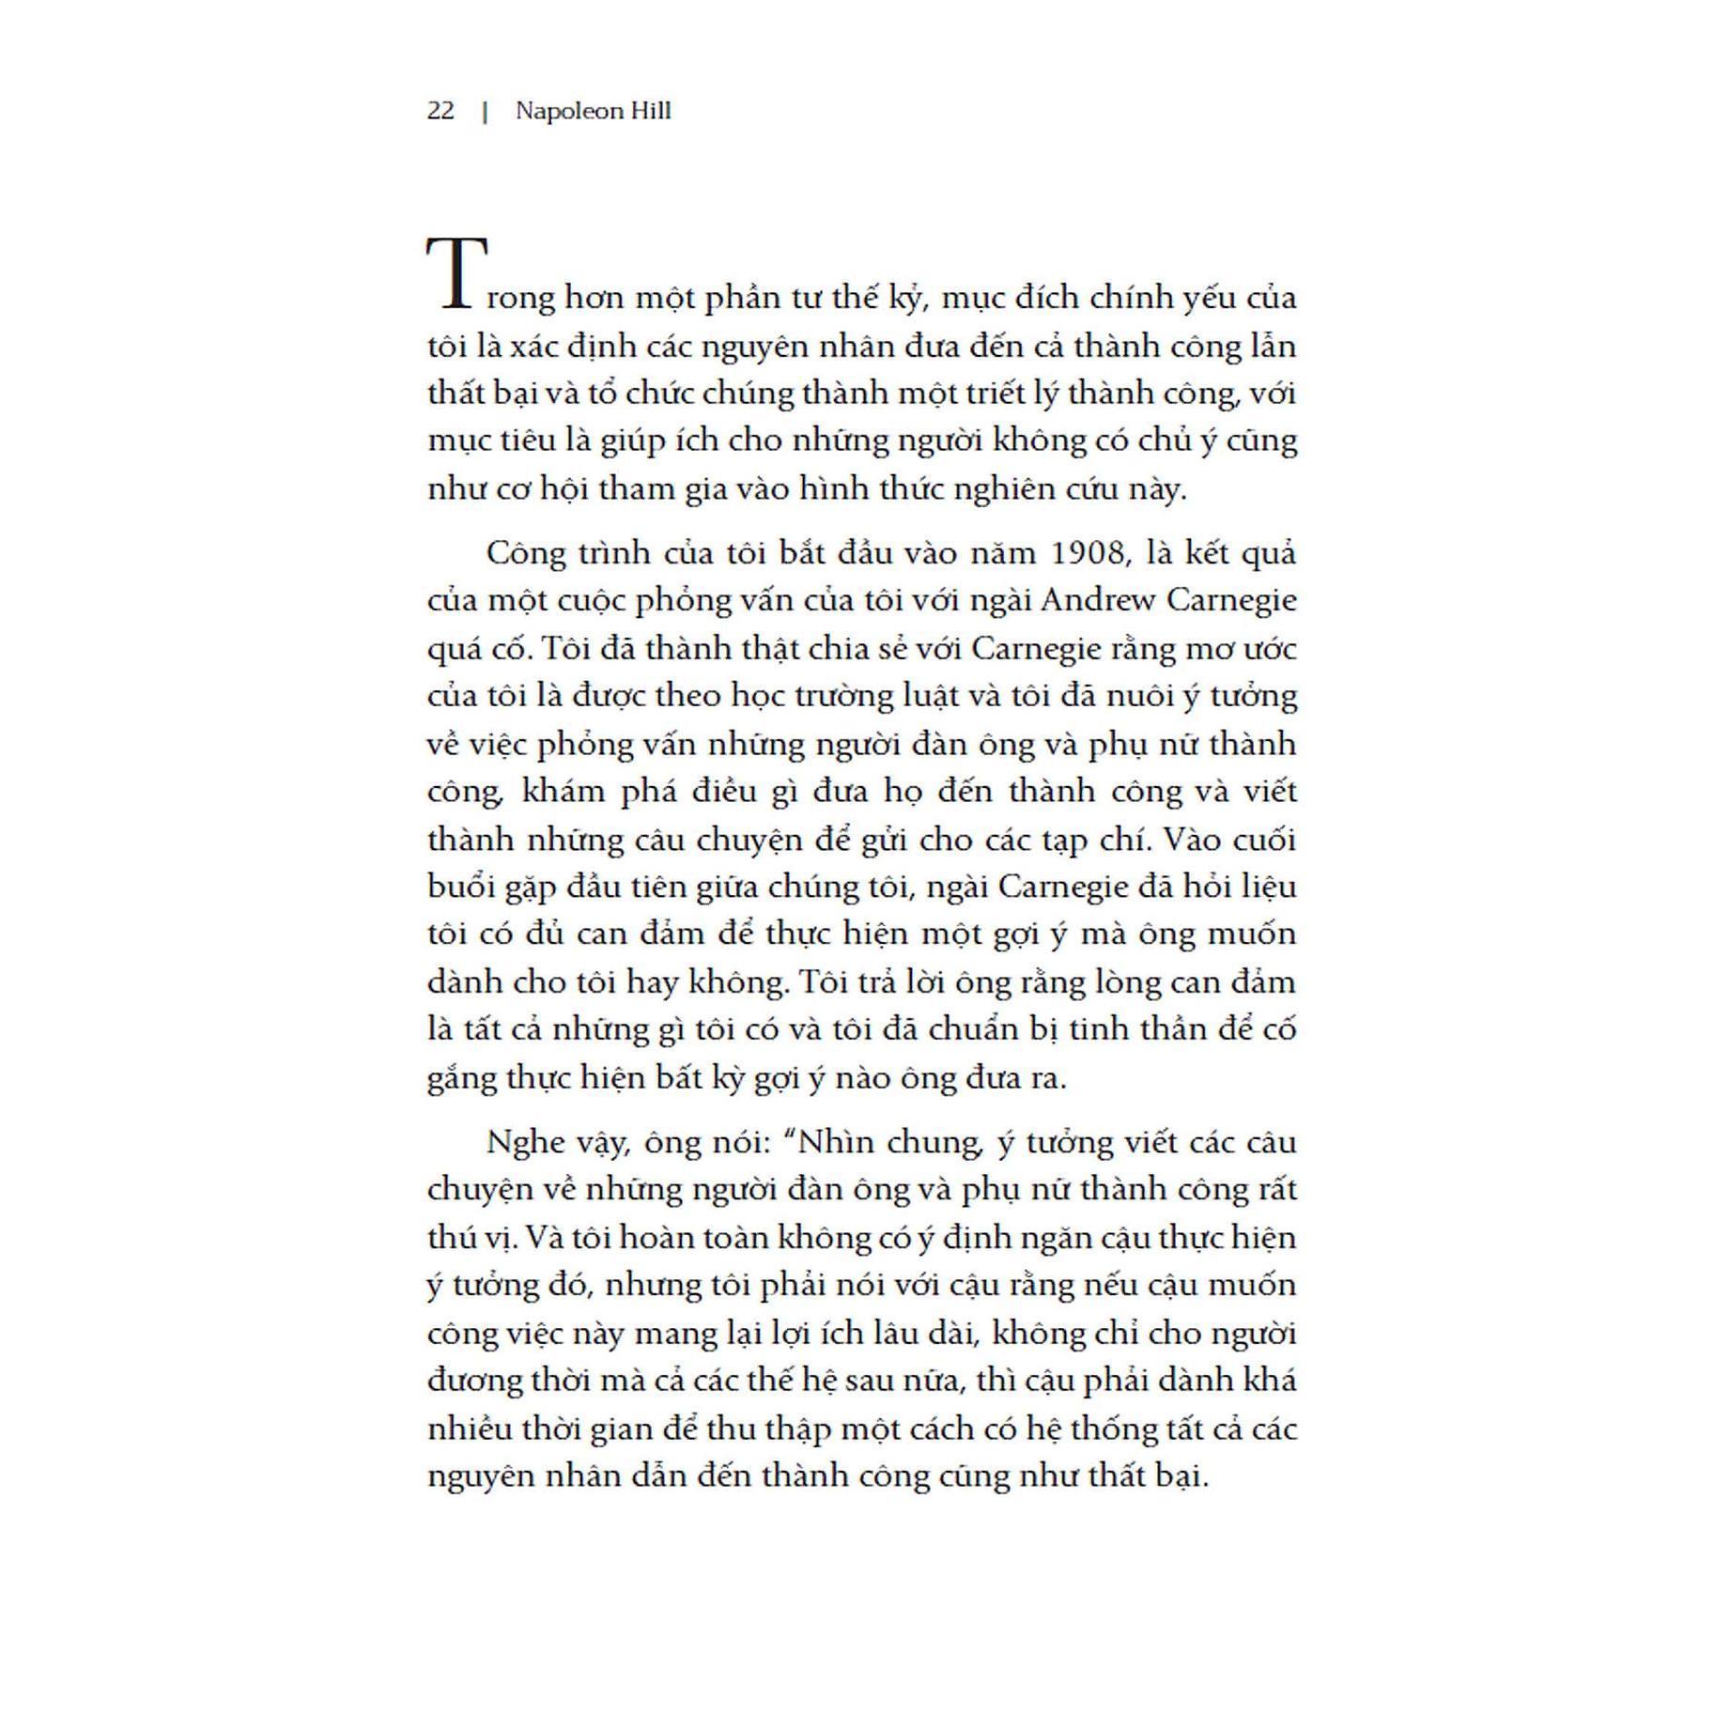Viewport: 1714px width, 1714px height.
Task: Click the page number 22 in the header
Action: (440, 111)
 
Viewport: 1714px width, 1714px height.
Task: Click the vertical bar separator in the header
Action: (485, 112)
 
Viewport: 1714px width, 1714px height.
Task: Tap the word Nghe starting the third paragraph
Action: (522, 1143)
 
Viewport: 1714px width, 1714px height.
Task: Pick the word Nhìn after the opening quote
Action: (840, 1143)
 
